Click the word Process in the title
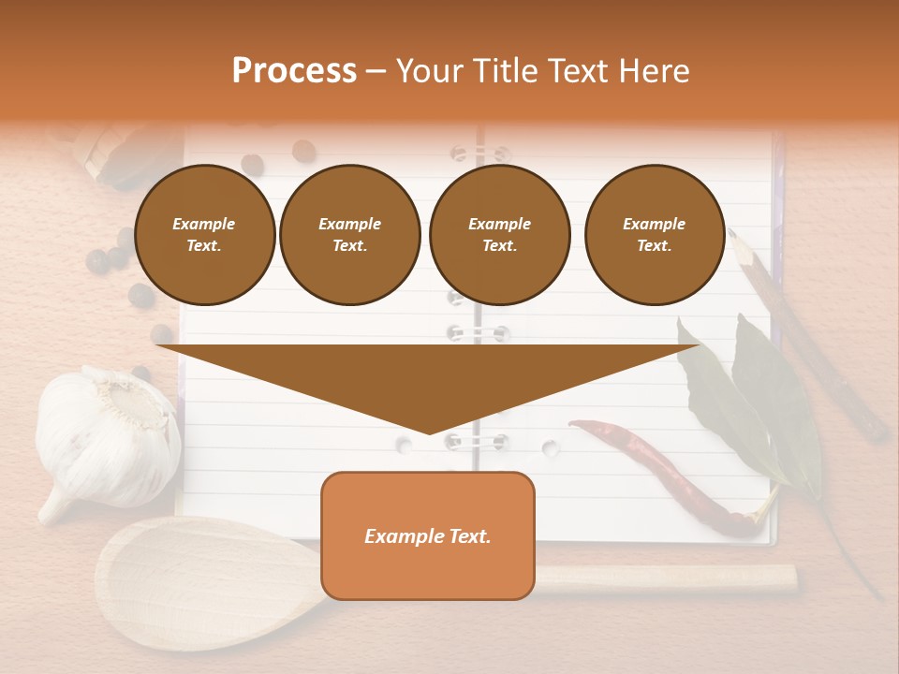(x=294, y=71)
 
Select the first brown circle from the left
(x=205, y=235)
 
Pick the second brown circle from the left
(x=350, y=235)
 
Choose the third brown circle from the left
(x=500, y=235)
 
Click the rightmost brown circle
(x=655, y=235)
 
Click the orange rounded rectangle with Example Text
(x=428, y=535)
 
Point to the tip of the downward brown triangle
(x=429, y=432)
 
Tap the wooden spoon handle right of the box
(x=665, y=579)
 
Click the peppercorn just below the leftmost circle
(x=140, y=295)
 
